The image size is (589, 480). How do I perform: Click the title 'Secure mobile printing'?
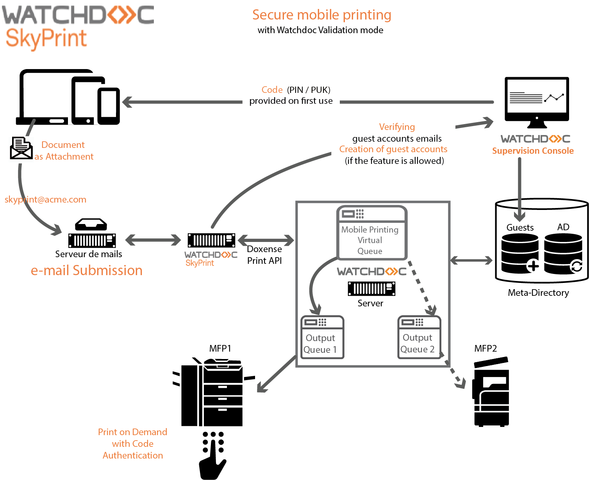pyautogui.click(x=321, y=15)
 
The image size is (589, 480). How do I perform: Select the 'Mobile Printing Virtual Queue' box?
pyautogui.click(x=372, y=233)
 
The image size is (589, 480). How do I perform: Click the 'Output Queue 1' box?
pyautogui.click(x=322, y=337)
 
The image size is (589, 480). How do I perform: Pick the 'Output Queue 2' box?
pyautogui.click(x=419, y=337)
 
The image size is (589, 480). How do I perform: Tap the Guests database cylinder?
pyautogui.click(x=519, y=254)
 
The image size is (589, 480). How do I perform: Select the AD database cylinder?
pyautogui.click(x=563, y=254)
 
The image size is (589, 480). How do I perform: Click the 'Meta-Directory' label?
pyautogui.click(x=538, y=293)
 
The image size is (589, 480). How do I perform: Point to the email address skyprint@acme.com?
pyautogui.click(x=45, y=199)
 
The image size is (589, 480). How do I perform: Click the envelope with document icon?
pyautogui.click(x=21, y=148)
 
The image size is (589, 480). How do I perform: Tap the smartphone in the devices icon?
pyautogui.click(x=109, y=105)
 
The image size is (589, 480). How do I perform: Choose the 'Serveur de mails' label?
pyautogui.click(x=89, y=254)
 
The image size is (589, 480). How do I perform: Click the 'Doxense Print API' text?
pyautogui.click(x=264, y=255)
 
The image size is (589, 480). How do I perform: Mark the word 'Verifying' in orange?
pyautogui.click(x=397, y=127)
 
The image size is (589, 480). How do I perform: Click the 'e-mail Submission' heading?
pyautogui.click(x=87, y=270)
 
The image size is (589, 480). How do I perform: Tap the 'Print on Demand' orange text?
pyautogui.click(x=132, y=432)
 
